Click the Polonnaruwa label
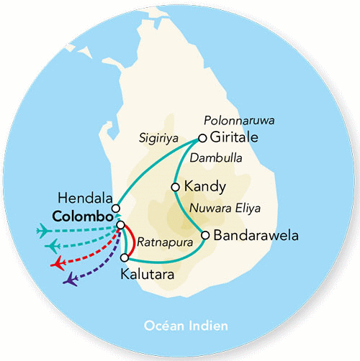236,121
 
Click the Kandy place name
205,186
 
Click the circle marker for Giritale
202,138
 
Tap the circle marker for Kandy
175,187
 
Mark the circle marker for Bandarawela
206,235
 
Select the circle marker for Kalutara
125,257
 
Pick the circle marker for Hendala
115,209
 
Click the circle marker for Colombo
121,225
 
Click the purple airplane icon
71,279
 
